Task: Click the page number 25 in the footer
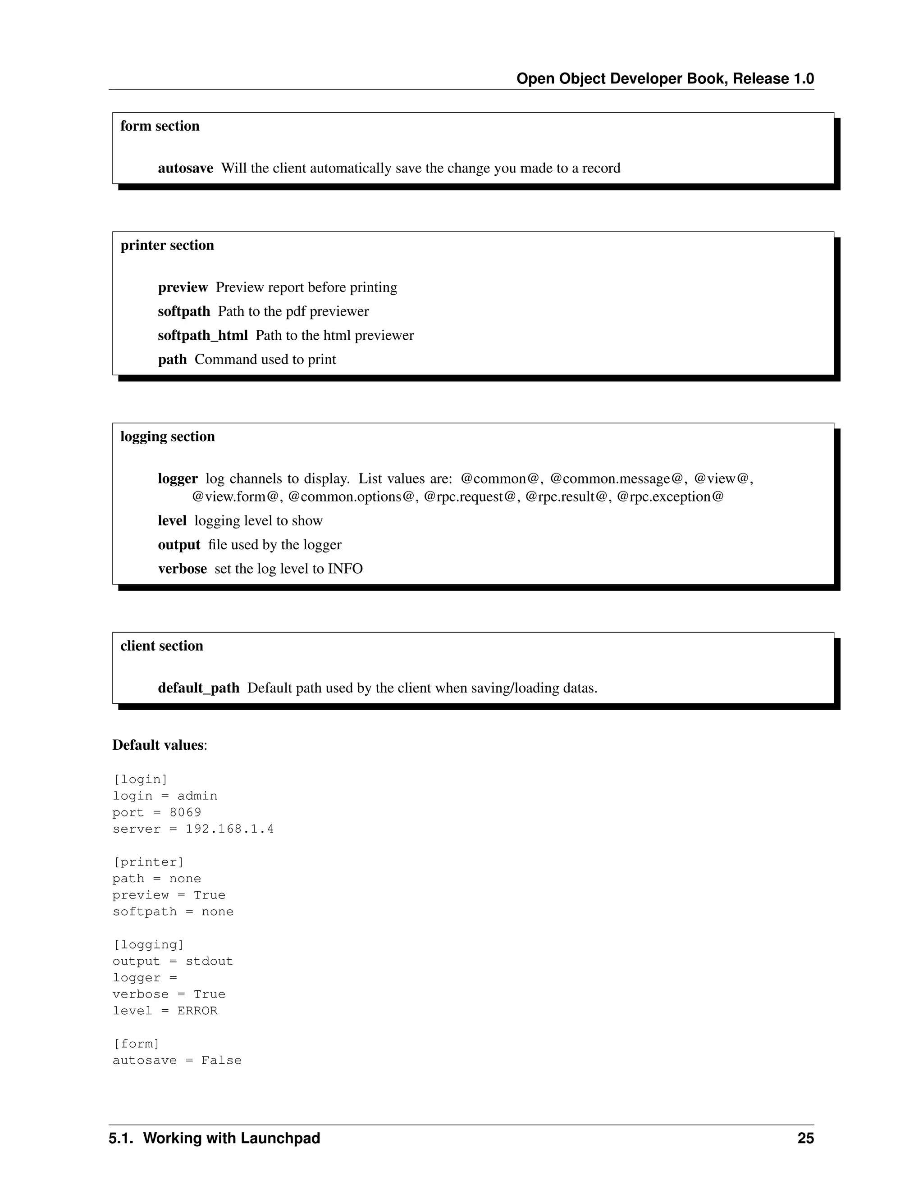(x=805, y=1138)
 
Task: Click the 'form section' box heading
(x=160, y=126)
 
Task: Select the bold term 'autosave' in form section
(x=185, y=169)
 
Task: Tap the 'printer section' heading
(x=167, y=246)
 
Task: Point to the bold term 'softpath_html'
(x=202, y=335)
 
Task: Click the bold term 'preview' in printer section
(x=183, y=287)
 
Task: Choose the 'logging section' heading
(x=167, y=437)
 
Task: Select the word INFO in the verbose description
(x=345, y=569)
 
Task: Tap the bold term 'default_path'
(x=198, y=688)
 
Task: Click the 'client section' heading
(x=161, y=646)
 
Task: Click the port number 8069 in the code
(x=185, y=812)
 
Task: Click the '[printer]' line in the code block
(x=148, y=862)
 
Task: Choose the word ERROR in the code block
(x=197, y=1011)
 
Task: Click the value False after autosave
(x=221, y=1061)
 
